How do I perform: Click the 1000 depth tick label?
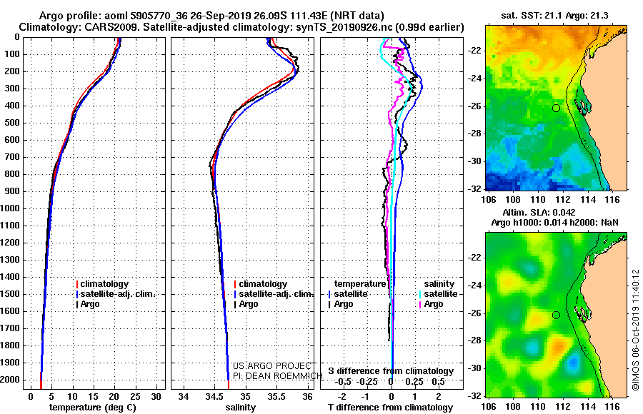(9, 208)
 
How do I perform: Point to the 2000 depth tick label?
(9, 380)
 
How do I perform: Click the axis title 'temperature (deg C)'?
(93, 408)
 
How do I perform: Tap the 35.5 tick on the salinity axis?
(276, 397)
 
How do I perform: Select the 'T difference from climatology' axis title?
(390, 408)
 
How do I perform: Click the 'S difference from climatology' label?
(391, 371)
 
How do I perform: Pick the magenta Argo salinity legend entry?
(431, 304)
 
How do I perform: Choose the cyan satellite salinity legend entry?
(438, 294)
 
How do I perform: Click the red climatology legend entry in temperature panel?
(102, 284)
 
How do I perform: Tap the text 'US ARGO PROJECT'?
(272, 366)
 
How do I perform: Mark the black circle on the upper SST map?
(556, 108)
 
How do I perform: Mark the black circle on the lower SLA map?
(556, 315)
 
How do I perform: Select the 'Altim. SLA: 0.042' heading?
(539, 212)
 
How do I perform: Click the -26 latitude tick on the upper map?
(474, 106)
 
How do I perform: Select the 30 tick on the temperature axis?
(156, 397)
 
